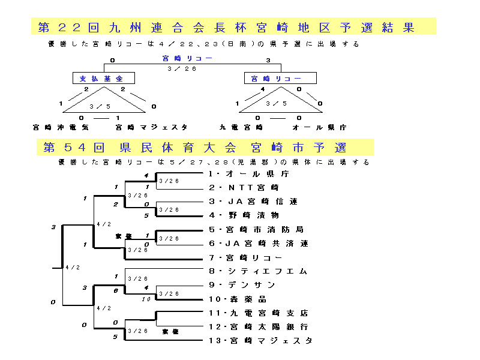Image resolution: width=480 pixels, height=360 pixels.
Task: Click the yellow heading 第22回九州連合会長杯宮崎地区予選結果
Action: [233, 27]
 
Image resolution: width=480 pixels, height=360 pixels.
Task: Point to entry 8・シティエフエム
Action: [257, 271]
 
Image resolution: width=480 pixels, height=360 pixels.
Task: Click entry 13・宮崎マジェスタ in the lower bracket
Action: [260, 341]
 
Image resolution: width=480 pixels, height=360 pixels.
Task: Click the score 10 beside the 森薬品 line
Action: [146, 299]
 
